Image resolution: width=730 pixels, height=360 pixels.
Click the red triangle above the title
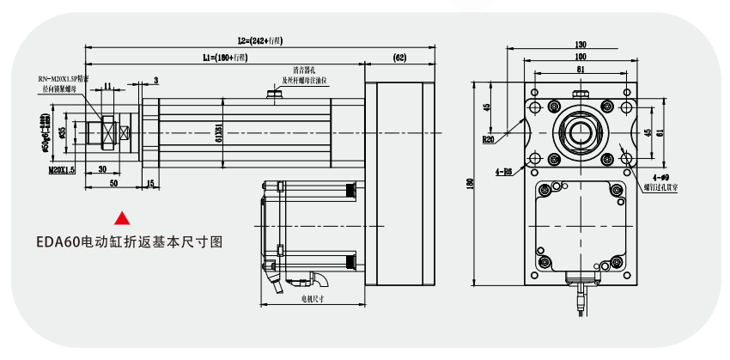123,218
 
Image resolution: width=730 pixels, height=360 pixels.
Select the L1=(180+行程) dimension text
225,58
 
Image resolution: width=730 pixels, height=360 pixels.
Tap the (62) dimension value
399,58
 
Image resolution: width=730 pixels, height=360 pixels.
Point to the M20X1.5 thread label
62,171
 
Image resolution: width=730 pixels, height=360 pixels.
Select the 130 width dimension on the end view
581,44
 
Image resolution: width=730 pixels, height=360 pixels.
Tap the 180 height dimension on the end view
471,185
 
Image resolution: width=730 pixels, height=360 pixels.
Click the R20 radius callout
489,138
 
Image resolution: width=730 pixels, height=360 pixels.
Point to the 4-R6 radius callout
503,172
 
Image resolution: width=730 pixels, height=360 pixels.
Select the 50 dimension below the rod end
113,184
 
